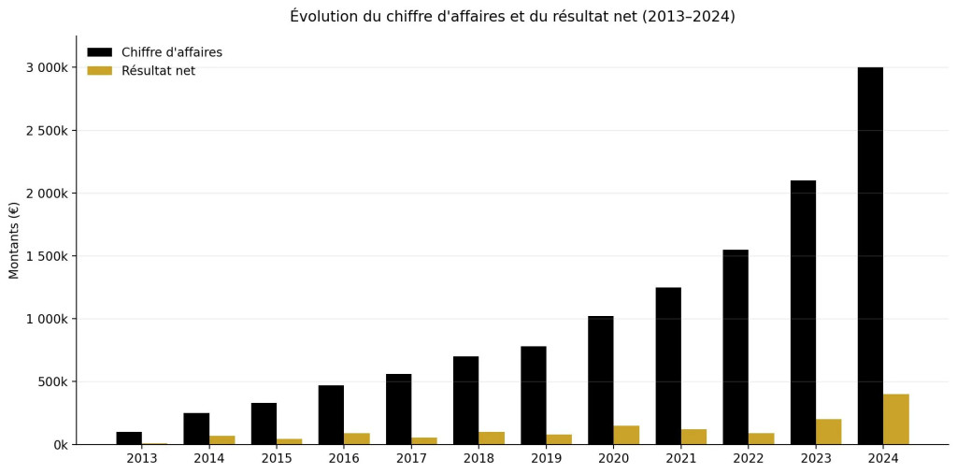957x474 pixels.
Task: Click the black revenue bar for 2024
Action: tap(870, 255)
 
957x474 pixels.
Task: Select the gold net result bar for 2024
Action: tap(895, 419)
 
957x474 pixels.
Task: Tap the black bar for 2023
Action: tap(803, 312)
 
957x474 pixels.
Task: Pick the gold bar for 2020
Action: tap(626, 435)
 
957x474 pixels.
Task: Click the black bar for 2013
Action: tap(129, 438)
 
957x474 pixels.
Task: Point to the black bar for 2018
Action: tap(465, 400)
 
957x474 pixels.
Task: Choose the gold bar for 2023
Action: tap(828, 431)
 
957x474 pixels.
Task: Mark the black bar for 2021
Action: tap(668, 366)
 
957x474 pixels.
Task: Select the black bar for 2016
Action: tap(331, 414)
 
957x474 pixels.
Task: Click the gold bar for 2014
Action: tap(221, 439)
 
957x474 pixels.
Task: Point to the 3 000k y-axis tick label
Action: tap(46, 67)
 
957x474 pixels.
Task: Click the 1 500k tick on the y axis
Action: tap(46, 256)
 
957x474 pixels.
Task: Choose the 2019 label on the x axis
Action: tap(546, 458)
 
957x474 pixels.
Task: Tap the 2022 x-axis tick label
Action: tap(749, 458)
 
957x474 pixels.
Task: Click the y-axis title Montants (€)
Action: tap(14, 239)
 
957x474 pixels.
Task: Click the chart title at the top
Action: tap(512, 17)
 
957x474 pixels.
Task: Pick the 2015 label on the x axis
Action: tap(277, 458)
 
